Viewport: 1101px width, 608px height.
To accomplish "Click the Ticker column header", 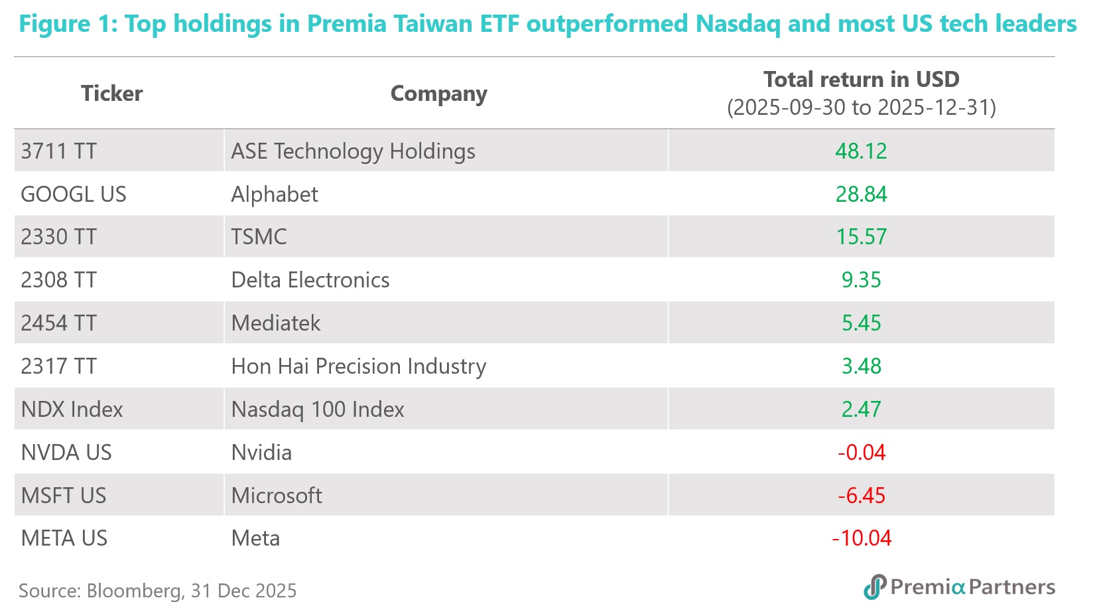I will pyautogui.click(x=111, y=94).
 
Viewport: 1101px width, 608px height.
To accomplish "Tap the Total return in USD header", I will pyautogui.click(x=861, y=80).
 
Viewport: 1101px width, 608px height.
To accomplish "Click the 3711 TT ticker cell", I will pyautogui.click(x=59, y=151).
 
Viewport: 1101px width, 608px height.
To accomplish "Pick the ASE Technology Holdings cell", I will pyautogui.click(x=353, y=151).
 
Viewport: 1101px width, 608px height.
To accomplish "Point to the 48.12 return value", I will pyautogui.click(x=861, y=151).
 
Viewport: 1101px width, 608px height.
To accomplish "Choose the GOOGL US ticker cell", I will pyautogui.click(x=74, y=194).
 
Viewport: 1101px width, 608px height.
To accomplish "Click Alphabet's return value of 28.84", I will pyautogui.click(x=861, y=194).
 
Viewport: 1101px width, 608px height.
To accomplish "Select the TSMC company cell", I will pyautogui.click(x=259, y=237).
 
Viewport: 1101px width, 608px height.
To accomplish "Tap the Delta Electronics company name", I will pyautogui.click(x=310, y=280).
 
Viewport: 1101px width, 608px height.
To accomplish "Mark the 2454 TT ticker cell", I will pyautogui.click(x=59, y=323).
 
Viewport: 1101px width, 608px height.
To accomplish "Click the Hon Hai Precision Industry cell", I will pyautogui.click(x=359, y=366).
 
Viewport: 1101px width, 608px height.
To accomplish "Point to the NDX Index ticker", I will pyautogui.click(x=72, y=410).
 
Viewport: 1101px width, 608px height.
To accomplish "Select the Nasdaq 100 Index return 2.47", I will pyautogui.click(x=861, y=410).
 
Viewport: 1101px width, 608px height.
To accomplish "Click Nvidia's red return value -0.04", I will pyautogui.click(x=861, y=453).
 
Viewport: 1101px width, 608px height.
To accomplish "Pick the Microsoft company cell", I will pyautogui.click(x=277, y=496).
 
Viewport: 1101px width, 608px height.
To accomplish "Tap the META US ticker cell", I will pyautogui.click(x=64, y=538).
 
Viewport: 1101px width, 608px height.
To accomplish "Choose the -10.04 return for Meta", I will pyautogui.click(x=861, y=538).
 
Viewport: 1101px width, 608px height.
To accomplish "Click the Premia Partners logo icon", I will pyautogui.click(x=875, y=587).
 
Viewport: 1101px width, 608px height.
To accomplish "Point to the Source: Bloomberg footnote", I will pyautogui.click(x=158, y=591).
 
